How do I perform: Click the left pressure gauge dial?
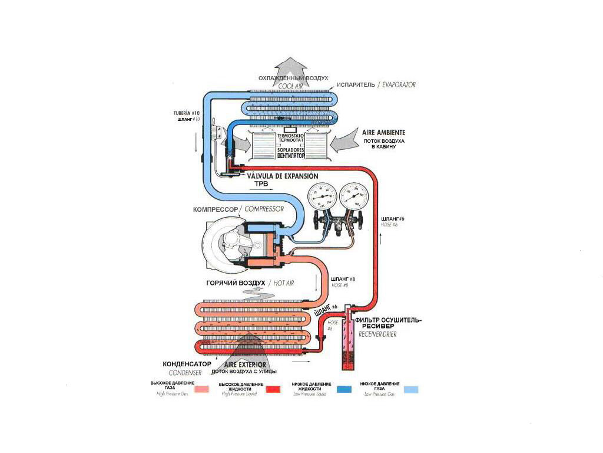[320, 195]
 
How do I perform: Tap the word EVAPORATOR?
[399, 85]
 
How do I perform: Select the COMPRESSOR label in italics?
[264, 209]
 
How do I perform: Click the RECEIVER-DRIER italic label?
[373, 334]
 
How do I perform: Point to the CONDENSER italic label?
[185, 373]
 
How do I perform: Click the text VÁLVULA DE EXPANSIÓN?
[283, 176]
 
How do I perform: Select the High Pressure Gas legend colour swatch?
[202, 389]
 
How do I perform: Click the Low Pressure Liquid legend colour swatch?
[345, 389]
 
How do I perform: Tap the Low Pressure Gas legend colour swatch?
[410, 389]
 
